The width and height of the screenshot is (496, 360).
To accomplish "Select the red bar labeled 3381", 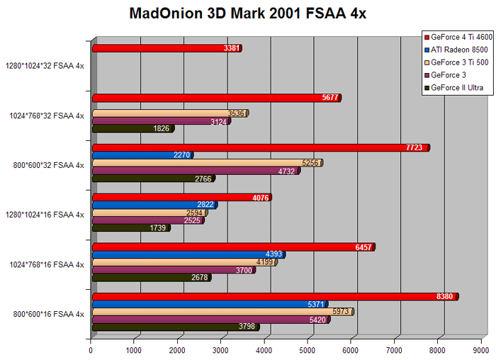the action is (x=167, y=48).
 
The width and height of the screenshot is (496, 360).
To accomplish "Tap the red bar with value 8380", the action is (x=276, y=297).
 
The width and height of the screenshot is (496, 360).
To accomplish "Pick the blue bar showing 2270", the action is (x=143, y=155).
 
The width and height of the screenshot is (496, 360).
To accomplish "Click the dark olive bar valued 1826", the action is (x=133, y=128).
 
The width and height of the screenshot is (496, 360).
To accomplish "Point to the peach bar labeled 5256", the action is (x=208, y=163).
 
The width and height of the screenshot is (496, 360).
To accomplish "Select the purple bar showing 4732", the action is (x=196, y=171).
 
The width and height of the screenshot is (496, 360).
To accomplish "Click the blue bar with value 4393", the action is (x=189, y=254).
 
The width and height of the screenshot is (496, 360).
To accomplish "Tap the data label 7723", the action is (x=414, y=147).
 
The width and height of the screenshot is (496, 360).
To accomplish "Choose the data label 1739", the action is (x=157, y=228).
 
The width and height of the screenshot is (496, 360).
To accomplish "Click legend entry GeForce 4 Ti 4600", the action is (x=458, y=38).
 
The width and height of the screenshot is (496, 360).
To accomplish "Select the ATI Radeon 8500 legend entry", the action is (x=456, y=50).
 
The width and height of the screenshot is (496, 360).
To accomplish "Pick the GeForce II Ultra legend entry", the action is (x=454, y=88).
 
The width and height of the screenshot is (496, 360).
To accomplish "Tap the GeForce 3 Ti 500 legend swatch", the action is (x=427, y=62).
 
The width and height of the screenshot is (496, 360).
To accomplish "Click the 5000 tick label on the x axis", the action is (x=307, y=350).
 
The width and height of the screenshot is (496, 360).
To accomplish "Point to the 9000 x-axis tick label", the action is (x=481, y=350).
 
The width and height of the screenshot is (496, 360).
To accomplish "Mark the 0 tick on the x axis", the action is (x=91, y=350).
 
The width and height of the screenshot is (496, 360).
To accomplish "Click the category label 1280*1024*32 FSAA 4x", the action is (x=45, y=66).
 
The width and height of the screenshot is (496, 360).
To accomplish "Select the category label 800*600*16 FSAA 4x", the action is (x=49, y=314).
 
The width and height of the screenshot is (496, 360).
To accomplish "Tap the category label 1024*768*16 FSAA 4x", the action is (x=47, y=264).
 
